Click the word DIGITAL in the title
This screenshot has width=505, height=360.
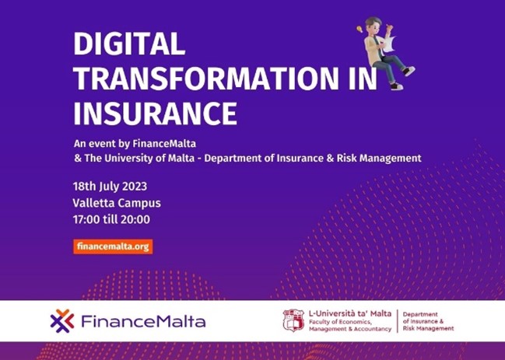coord(129,44)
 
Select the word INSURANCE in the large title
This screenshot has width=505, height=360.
coord(155,114)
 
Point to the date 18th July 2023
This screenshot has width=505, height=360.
coord(110,187)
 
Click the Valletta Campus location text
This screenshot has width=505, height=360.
coord(117,203)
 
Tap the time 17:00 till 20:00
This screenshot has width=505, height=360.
coord(111,219)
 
